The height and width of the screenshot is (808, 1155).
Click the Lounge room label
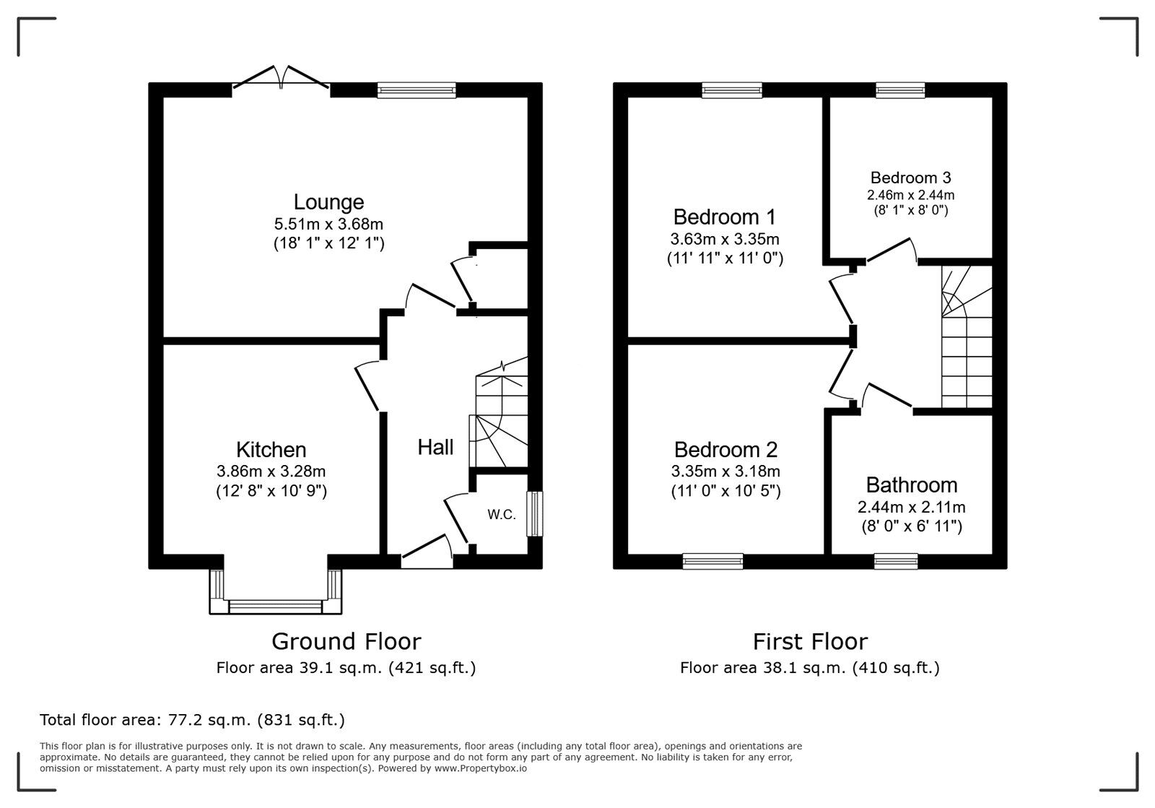click(x=328, y=201)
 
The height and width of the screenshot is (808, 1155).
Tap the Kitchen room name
click(x=271, y=450)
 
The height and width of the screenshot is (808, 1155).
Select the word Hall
click(x=436, y=447)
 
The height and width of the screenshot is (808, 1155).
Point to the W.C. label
click(x=502, y=514)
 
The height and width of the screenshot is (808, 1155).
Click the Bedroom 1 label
click(x=725, y=217)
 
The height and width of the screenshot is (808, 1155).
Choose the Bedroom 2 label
click(x=725, y=450)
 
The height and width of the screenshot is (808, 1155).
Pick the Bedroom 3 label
click(x=910, y=178)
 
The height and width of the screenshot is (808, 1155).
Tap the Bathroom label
click(x=912, y=485)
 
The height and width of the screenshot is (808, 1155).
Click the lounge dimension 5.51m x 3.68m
click(x=328, y=225)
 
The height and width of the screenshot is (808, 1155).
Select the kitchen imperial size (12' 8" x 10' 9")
click(x=271, y=490)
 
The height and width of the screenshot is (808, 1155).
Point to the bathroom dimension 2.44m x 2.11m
click(x=912, y=508)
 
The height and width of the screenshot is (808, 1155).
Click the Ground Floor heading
click(x=346, y=641)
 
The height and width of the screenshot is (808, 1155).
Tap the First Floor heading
click(x=810, y=641)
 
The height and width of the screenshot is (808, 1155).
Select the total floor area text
click(x=192, y=720)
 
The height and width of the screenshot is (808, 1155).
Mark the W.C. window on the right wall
click(x=535, y=514)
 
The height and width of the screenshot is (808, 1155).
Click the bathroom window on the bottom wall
click(x=896, y=561)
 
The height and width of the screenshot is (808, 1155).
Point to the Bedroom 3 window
click(x=899, y=90)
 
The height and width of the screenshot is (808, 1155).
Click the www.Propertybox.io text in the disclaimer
click(x=481, y=768)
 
